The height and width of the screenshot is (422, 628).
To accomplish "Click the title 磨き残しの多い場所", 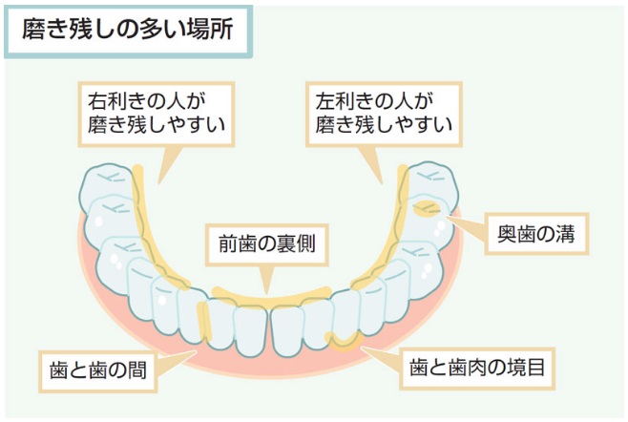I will [126, 30].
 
